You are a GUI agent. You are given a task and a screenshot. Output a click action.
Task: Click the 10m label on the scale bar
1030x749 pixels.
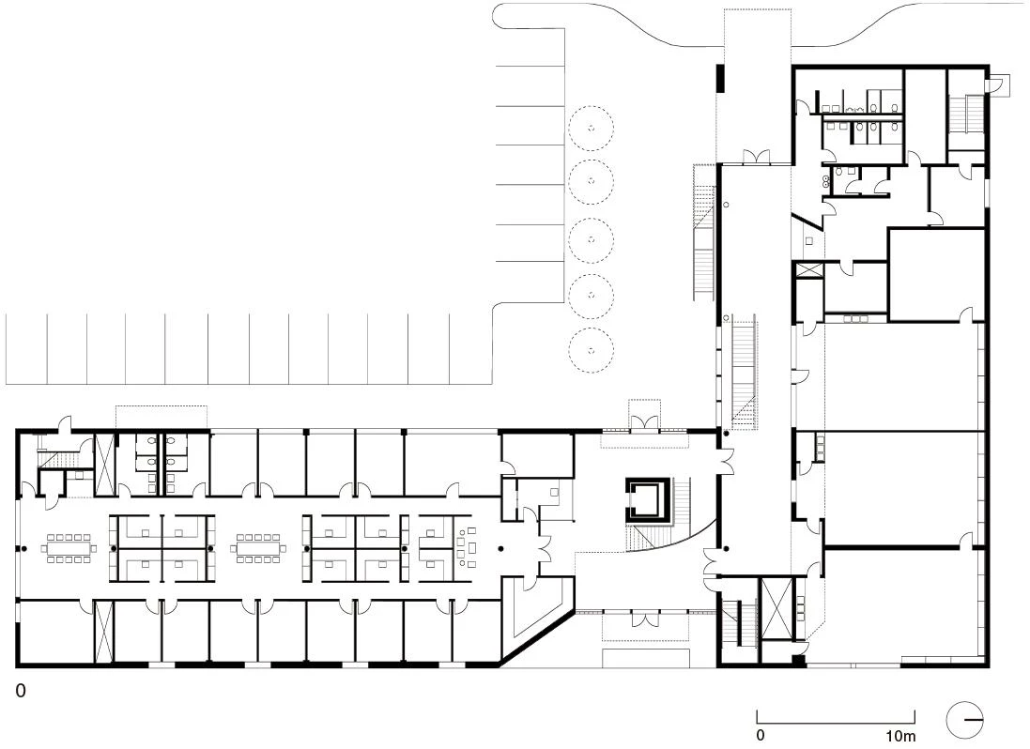(x=900, y=735)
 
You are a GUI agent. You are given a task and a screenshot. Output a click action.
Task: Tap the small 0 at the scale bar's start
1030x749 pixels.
(x=760, y=735)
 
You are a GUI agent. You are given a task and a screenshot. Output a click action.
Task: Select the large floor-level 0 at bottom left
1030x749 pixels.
(x=21, y=691)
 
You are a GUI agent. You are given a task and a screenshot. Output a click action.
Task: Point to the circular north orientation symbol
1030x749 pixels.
(x=965, y=720)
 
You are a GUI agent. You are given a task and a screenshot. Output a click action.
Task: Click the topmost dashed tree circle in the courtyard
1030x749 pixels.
(x=592, y=128)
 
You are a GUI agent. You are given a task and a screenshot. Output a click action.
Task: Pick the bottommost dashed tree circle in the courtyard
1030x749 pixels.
(x=592, y=350)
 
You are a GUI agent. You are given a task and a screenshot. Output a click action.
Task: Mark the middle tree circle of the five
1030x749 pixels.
(x=592, y=239)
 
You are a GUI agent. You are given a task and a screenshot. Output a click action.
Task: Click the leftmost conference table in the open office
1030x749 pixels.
(x=69, y=548)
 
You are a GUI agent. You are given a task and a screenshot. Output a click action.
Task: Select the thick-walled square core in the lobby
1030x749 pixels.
(x=649, y=500)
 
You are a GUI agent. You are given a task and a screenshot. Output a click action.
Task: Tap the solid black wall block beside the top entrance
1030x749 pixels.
(x=720, y=78)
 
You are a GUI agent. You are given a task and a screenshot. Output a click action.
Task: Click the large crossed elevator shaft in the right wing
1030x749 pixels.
(x=777, y=608)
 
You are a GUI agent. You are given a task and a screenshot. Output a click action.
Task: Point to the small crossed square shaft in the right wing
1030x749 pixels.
(x=808, y=269)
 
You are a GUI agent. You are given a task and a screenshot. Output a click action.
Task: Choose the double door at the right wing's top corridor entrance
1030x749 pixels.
(x=756, y=157)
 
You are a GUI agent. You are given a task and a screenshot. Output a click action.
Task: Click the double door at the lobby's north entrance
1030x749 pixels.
(x=644, y=423)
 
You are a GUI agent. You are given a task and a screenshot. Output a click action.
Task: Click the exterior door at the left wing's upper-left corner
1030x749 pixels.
(x=64, y=425)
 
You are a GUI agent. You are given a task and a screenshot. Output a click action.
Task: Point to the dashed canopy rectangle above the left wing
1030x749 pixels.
(x=161, y=418)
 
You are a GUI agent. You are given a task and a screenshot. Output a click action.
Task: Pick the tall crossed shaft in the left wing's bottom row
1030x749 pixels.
(x=104, y=632)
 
